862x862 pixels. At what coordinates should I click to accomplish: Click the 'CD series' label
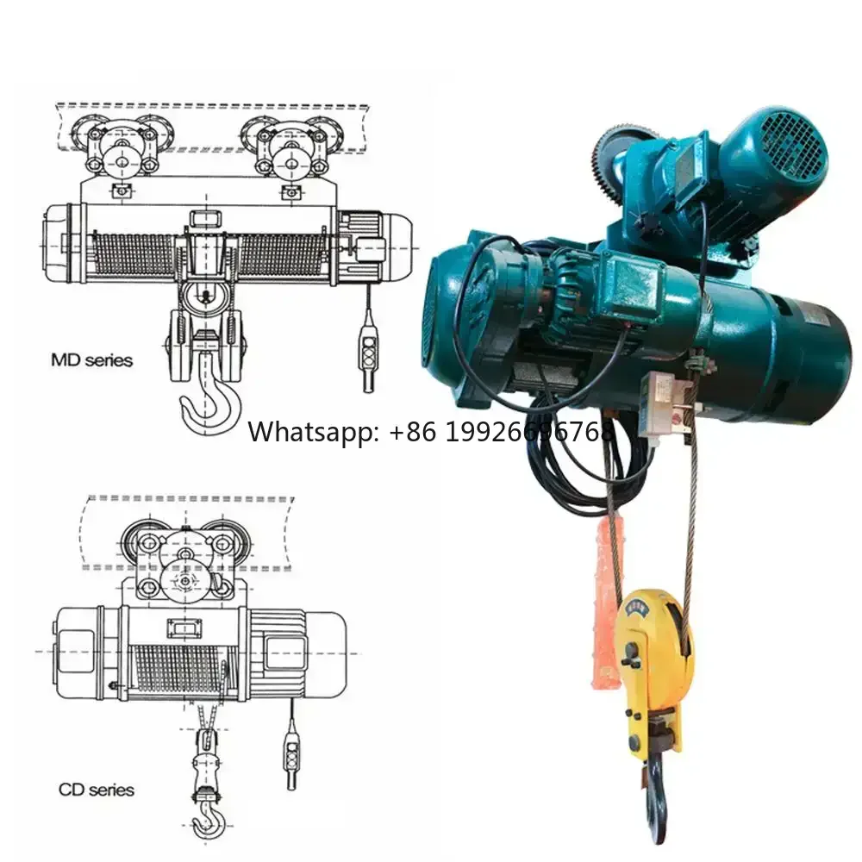coord(96,789)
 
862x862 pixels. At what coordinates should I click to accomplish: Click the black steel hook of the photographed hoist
coord(657,797)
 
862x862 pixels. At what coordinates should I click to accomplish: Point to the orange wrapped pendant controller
coord(609,595)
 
